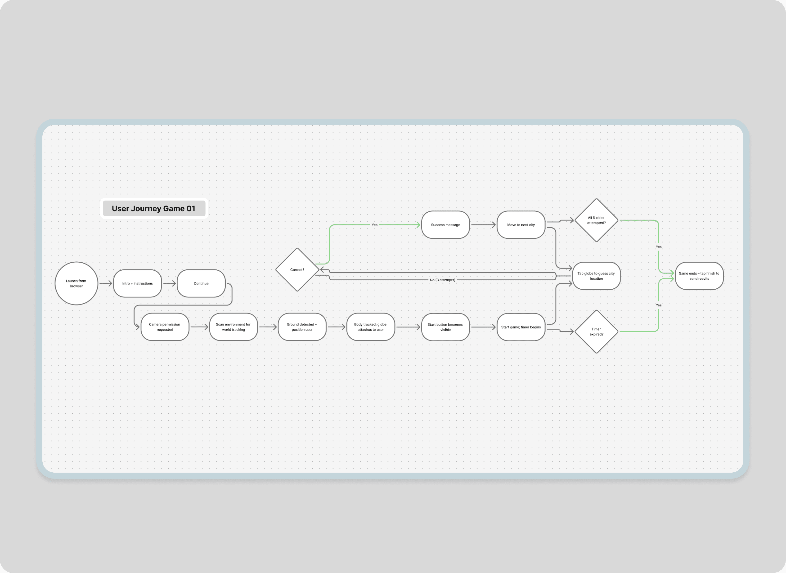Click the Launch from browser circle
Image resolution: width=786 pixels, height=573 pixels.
point(76,283)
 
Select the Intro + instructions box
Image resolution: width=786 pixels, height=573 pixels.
point(137,283)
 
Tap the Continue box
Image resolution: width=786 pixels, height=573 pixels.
point(201,283)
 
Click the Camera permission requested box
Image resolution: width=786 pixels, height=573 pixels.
point(165,327)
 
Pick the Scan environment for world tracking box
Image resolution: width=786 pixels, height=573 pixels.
point(234,327)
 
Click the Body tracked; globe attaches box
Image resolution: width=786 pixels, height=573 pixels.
point(370,327)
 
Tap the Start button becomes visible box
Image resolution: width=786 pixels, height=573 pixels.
point(445,327)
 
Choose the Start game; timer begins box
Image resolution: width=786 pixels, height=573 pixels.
point(521,327)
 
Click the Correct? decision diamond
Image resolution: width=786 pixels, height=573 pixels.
point(297,269)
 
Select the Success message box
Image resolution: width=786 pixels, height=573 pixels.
point(445,225)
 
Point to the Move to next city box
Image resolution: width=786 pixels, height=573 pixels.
point(521,225)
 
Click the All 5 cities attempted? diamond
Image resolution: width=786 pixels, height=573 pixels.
point(596,220)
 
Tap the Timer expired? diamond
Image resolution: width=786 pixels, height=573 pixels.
point(596,331)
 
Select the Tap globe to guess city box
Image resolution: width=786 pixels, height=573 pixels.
point(596,276)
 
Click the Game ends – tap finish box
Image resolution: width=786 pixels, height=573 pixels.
point(699,276)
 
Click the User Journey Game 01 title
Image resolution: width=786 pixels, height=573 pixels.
point(154,208)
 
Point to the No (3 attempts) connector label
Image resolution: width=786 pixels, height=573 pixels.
point(442,280)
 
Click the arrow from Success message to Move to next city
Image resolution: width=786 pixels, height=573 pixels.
point(483,225)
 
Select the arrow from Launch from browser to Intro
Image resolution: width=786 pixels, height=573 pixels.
point(105,283)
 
